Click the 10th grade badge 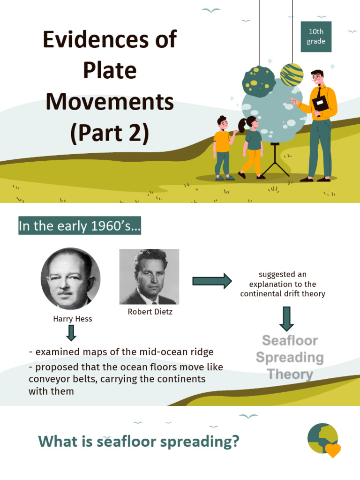316,37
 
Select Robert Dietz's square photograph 149,277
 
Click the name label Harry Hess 73,319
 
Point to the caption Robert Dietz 150,311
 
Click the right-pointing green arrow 212,281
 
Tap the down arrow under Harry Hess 71,333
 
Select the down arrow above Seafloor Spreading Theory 286,318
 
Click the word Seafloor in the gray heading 290,340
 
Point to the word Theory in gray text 290,374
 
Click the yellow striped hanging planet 292,75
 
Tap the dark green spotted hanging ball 259,81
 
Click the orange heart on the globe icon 333,450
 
